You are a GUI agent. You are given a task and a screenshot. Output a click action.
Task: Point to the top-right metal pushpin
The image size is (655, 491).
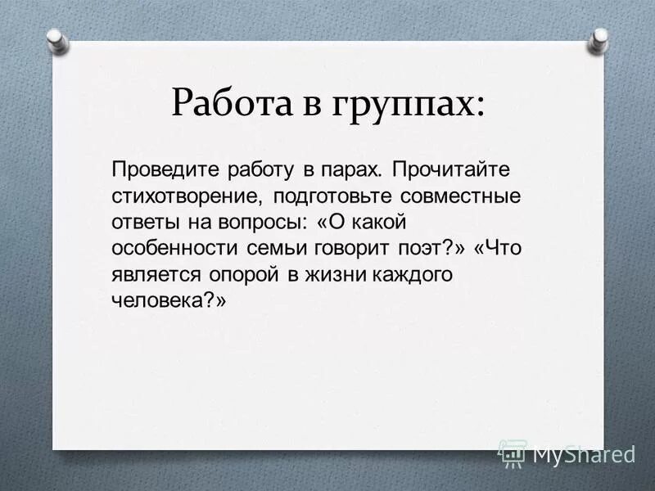[x=599, y=38]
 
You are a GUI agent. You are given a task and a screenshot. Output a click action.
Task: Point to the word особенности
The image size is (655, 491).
[x=169, y=250]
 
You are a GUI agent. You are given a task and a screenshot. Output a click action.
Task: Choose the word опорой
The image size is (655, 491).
[x=242, y=276]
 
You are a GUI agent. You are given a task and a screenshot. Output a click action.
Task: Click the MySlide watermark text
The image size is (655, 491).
[x=584, y=453]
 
